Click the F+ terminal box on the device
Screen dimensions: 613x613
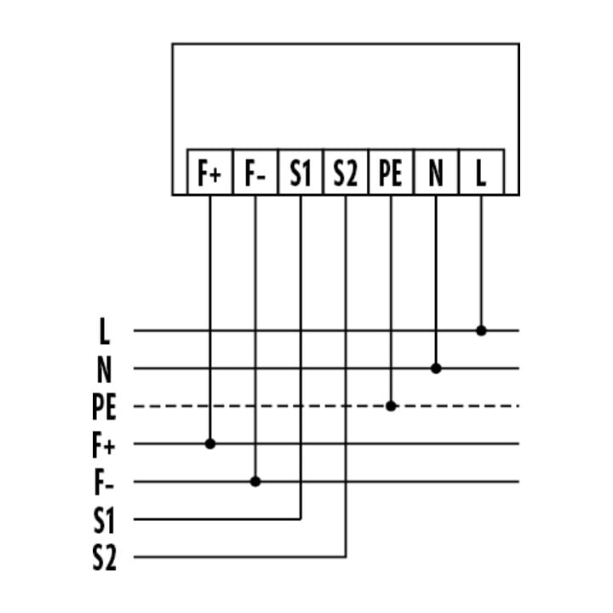(x=210, y=172)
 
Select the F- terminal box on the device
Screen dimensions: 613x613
(x=255, y=172)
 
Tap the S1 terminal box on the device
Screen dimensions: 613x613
(x=301, y=172)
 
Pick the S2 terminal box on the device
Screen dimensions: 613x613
(x=346, y=172)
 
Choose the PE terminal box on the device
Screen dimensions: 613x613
(x=391, y=172)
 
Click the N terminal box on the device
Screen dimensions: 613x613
(x=436, y=172)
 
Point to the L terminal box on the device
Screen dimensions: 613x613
(x=482, y=172)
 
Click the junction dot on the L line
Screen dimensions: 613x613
(x=481, y=330)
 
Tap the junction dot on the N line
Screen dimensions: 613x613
(x=436, y=369)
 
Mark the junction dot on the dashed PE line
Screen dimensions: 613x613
(x=391, y=406)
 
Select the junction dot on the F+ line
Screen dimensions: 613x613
(x=210, y=444)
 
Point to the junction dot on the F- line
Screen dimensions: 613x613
(x=255, y=482)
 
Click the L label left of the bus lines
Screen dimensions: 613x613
(x=104, y=330)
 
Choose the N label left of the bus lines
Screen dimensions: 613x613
(x=104, y=369)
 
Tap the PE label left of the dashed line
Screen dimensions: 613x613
(x=104, y=407)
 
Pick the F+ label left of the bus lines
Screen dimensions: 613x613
(x=104, y=444)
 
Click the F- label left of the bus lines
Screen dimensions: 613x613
(x=104, y=483)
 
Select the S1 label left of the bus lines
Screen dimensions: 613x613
(x=104, y=520)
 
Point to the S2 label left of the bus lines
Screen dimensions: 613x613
(x=105, y=558)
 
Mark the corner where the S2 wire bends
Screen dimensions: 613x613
(x=346, y=557)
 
